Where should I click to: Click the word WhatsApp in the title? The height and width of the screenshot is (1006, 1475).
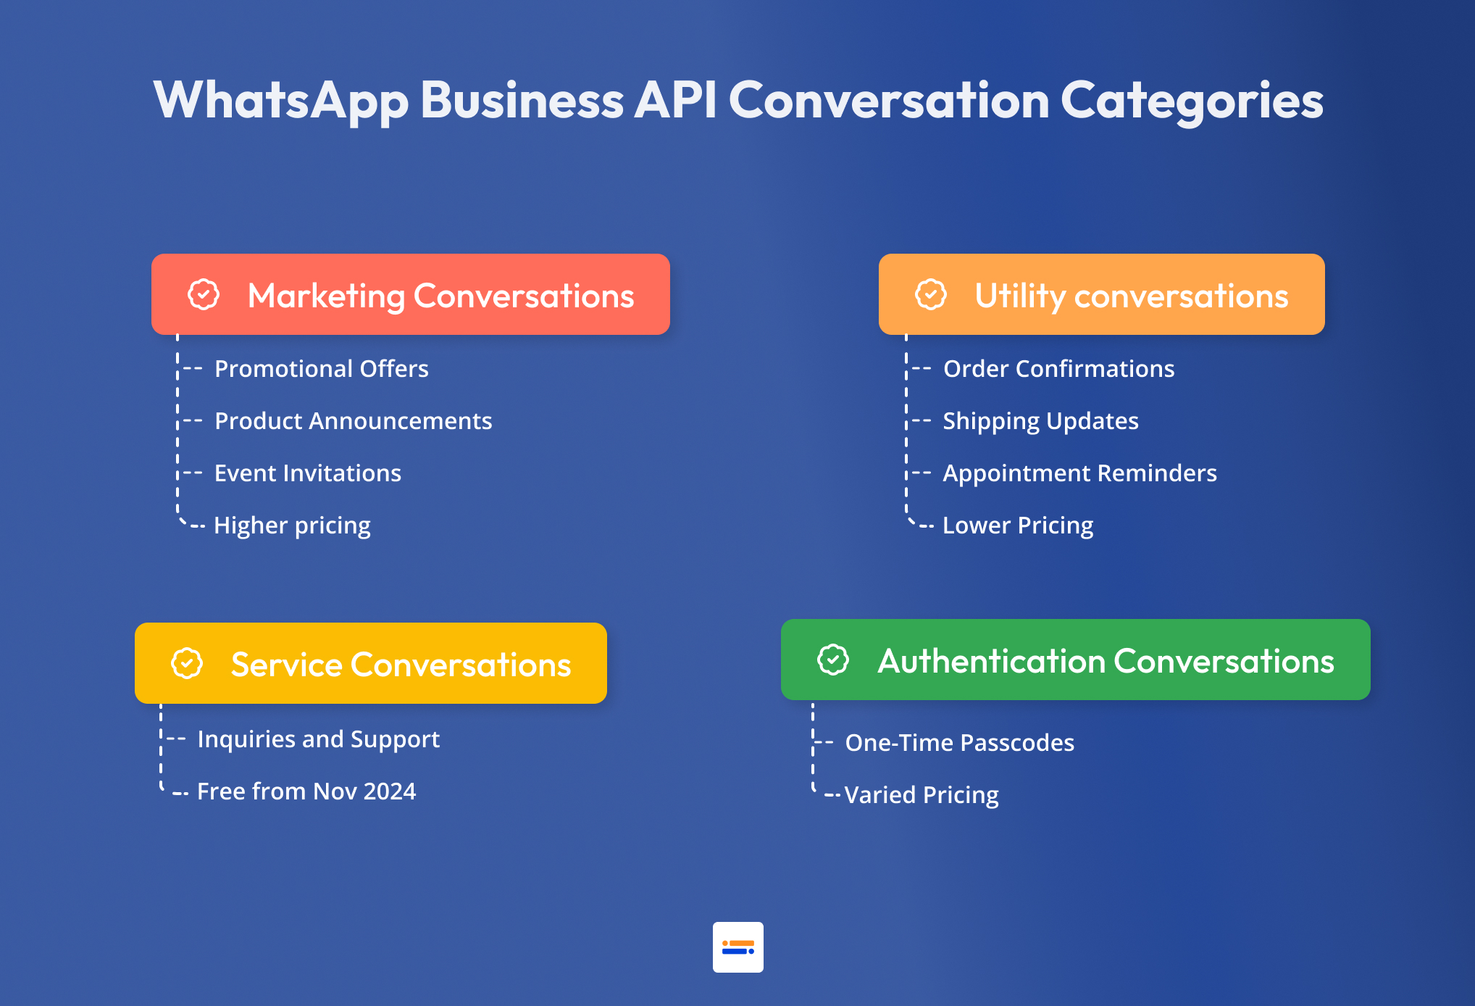281,100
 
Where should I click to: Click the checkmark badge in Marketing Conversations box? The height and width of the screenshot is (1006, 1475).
204,294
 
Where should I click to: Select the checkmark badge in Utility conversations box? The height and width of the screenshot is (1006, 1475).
931,294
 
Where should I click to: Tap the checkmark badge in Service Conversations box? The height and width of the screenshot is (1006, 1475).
187,663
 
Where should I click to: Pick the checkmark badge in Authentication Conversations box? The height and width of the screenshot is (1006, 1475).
833,660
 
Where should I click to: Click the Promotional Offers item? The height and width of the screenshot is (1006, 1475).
322,369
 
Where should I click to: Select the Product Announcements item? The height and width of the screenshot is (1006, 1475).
354,421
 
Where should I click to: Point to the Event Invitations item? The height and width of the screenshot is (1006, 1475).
308,473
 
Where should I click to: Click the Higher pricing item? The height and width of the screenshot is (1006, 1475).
293,526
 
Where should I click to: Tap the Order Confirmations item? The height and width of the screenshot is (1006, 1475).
1059,369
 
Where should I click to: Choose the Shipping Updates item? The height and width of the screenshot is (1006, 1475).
1041,422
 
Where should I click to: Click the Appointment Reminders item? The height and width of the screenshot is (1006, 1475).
1080,474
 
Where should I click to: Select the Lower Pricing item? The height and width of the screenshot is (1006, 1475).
1019,526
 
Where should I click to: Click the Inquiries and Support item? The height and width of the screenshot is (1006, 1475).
319,740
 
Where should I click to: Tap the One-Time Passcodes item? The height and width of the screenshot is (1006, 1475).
960,743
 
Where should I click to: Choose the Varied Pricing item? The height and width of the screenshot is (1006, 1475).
922,796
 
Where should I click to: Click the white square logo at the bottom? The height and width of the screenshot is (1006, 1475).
738,947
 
